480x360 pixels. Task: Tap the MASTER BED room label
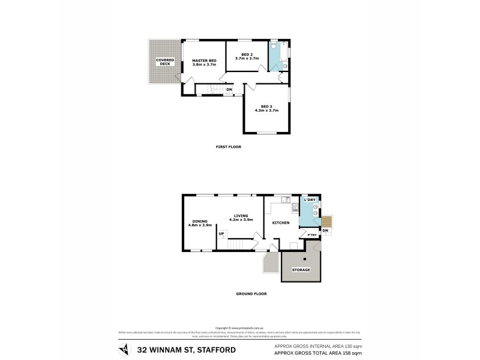(204, 61)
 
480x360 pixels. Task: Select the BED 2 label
(247, 54)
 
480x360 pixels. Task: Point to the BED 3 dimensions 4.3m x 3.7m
(267, 110)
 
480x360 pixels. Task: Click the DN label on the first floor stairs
(229, 90)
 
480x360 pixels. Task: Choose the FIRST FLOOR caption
(228, 146)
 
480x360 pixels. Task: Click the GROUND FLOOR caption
(251, 293)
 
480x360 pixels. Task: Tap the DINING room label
(200, 221)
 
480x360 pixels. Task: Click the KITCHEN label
(281, 223)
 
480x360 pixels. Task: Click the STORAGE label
(301, 270)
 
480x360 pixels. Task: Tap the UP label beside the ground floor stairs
(221, 233)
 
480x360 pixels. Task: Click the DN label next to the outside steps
(326, 230)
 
